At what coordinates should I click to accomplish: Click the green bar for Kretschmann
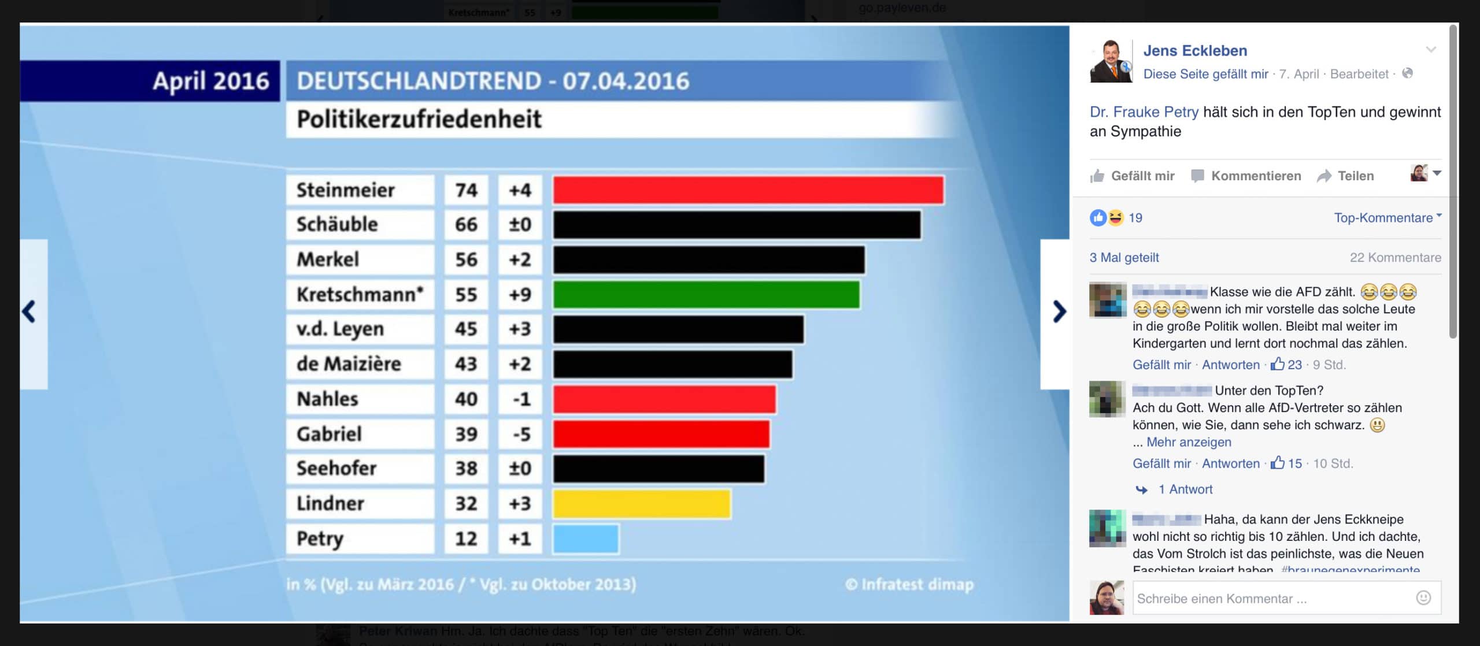tap(706, 294)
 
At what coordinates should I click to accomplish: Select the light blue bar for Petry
tap(586, 539)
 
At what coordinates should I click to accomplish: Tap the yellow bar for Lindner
tap(642, 503)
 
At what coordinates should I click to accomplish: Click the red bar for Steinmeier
tap(748, 190)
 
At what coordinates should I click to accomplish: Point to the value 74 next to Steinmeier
tap(466, 190)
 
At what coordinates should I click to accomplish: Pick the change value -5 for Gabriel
tap(521, 434)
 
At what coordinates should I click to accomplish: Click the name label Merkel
tap(328, 259)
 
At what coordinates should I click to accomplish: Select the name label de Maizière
tap(349, 364)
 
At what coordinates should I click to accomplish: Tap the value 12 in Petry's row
tap(466, 539)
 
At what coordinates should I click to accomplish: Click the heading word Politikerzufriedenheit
tap(419, 119)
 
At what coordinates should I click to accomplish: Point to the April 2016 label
tap(211, 81)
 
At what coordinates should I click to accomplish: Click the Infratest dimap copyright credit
tap(909, 585)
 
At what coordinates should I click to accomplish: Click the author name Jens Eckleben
tap(1195, 51)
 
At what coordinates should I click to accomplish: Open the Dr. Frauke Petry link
tap(1144, 112)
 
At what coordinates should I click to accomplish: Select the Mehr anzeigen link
tap(1189, 442)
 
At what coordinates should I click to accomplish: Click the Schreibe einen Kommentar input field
tap(1272, 599)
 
